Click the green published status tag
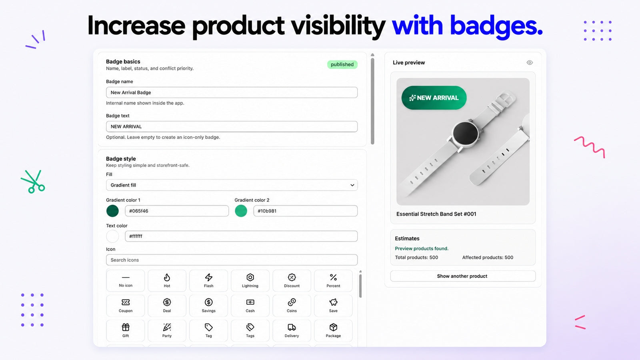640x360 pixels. pyautogui.click(x=342, y=64)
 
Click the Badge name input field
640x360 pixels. pyautogui.click(x=232, y=92)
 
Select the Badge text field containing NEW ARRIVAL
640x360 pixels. pyautogui.click(x=232, y=126)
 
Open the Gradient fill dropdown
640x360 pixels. pyautogui.click(x=232, y=185)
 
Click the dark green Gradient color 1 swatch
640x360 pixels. pyautogui.click(x=112, y=211)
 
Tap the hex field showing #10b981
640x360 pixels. pyautogui.click(x=305, y=211)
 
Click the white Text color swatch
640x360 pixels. pyautogui.click(x=112, y=236)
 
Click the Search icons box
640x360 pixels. pyautogui.click(x=232, y=260)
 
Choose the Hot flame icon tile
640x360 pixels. pyautogui.click(x=167, y=280)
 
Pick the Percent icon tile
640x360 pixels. pyautogui.click(x=333, y=280)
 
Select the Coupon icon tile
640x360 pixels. pyautogui.click(x=126, y=306)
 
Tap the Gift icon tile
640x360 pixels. pyautogui.click(x=126, y=330)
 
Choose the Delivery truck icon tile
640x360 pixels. pyautogui.click(x=292, y=330)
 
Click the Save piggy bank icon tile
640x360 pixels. pyautogui.click(x=333, y=306)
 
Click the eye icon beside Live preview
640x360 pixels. pyautogui.click(x=530, y=62)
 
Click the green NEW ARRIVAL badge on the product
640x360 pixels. pyautogui.click(x=434, y=98)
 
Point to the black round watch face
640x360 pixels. pyautogui.click(x=466, y=134)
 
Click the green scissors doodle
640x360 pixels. pyautogui.click(x=33, y=182)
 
